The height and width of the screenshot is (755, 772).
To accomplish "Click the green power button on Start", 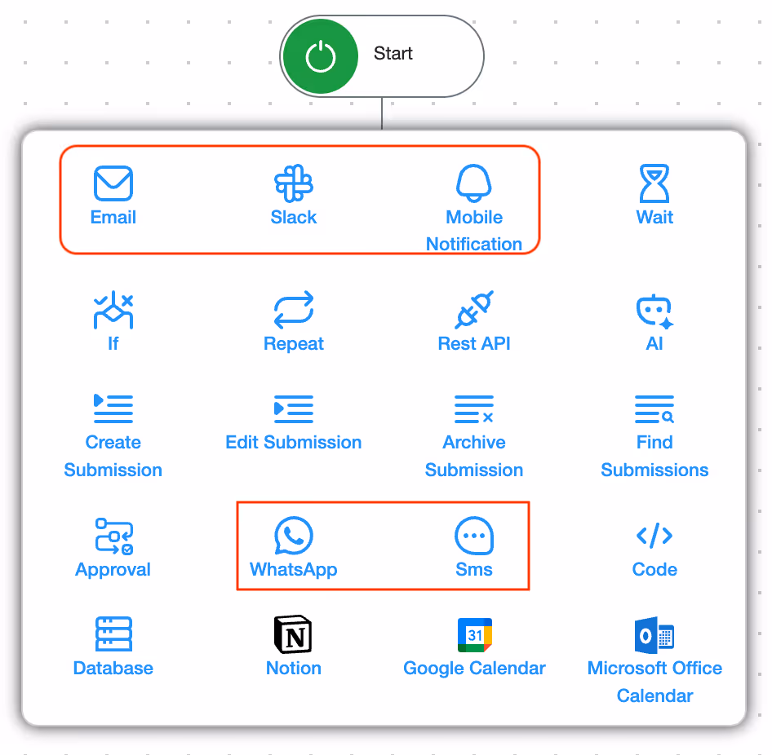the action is (320, 57).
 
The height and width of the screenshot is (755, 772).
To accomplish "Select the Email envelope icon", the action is (113, 183).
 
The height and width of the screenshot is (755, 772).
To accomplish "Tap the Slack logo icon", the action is (294, 183).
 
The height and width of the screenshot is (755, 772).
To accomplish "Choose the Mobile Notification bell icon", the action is (474, 183).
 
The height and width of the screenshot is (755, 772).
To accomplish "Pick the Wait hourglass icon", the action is (654, 183).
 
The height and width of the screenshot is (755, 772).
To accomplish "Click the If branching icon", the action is (113, 311).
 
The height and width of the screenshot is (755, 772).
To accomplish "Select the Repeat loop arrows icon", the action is (294, 311).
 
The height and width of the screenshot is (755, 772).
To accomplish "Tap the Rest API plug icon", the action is (474, 311).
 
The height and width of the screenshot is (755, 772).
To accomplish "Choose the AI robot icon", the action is (654, 311).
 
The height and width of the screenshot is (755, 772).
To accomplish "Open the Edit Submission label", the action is (294, 443).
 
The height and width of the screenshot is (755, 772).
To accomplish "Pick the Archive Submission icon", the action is (474, 409).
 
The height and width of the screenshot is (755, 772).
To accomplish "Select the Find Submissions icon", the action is (654, 409).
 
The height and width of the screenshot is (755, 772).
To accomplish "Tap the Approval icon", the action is (113, 536).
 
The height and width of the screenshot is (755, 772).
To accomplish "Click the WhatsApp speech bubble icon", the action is (294, 536).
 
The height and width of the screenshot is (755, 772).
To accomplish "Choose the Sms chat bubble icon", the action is (474, 536).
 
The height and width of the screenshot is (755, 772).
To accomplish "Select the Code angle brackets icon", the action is (654, 536).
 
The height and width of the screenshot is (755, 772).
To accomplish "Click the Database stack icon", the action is (113, 634).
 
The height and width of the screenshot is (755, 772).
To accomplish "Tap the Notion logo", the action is (294, 634).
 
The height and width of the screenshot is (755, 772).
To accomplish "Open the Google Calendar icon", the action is (474, 634).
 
